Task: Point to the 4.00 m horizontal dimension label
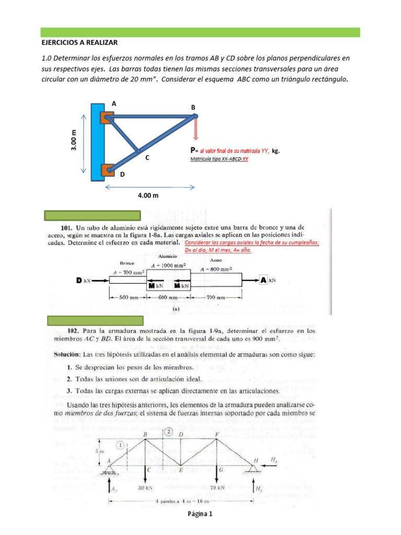point(148,195)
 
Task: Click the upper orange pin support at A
point(108,118)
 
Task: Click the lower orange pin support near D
point(108,170)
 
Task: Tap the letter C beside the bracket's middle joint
point(147,157)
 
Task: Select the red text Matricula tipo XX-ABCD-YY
point(219,159)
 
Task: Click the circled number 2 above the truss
point(169,432)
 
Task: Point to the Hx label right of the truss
point(275,459)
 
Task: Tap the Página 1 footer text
point(200,514)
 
